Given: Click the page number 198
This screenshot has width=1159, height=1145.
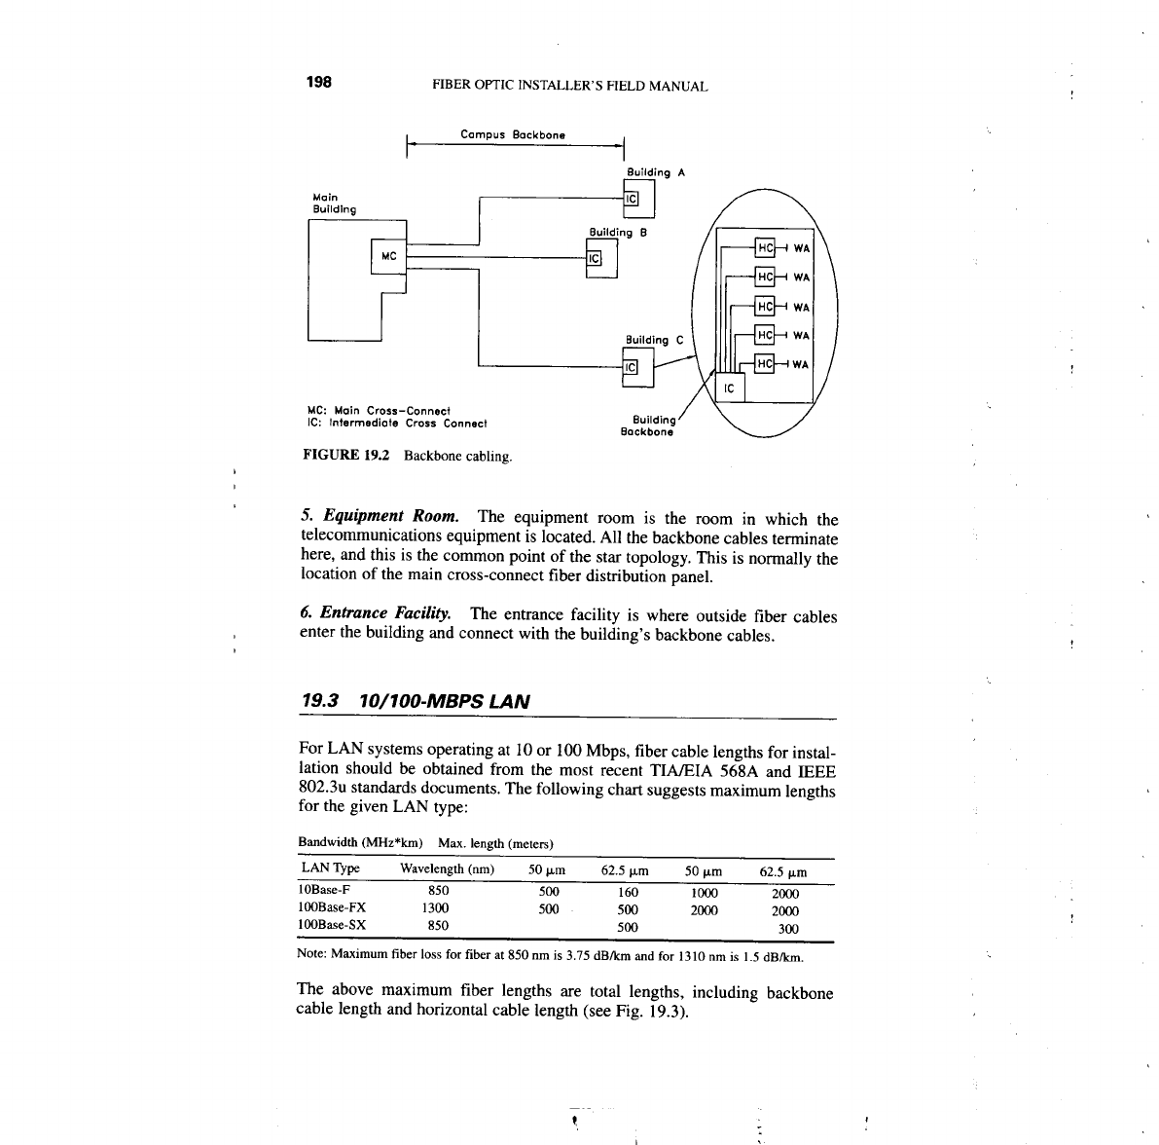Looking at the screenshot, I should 319,83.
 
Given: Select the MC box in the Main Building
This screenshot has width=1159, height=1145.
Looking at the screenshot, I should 388,257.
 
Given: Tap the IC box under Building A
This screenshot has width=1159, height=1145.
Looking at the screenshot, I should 631,199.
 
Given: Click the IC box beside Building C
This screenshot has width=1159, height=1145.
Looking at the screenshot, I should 630,367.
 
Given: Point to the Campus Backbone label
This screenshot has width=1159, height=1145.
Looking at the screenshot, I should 513,134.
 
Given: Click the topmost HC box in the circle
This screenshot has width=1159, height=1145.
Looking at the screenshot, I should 765,247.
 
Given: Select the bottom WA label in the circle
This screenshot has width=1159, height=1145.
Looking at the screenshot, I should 800,365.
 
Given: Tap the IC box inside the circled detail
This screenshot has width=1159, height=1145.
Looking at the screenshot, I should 730,389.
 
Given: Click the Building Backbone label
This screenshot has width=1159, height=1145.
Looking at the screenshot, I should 647,425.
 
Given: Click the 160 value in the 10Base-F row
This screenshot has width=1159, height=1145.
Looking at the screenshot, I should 628,892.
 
